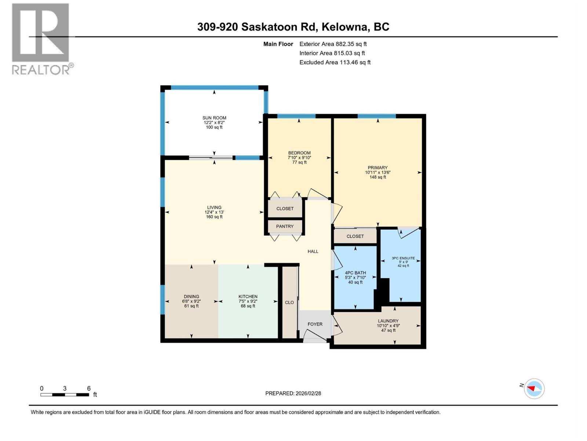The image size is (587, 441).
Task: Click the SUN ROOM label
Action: point(214,118)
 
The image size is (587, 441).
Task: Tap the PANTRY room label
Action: point(285,226)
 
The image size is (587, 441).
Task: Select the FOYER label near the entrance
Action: point(315,324)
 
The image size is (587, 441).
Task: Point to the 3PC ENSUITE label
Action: point(403,258)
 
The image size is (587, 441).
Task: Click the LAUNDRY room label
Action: point(388,321)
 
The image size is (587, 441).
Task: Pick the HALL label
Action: point(313,251)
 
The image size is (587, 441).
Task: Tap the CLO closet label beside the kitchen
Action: point(289,302)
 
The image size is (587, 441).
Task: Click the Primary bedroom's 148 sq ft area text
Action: point(378,177)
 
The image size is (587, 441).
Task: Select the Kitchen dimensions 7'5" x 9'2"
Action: point(248,301)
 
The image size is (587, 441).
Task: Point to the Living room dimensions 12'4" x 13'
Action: point(214,212)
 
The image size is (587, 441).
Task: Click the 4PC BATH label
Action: point(356,273)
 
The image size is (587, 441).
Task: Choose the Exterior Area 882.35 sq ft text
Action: point(333,44)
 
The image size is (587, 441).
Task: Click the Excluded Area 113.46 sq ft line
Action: point(335,62)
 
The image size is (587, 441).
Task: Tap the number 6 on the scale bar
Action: point(89,388)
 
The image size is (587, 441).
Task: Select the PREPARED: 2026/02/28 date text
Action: point(293,393)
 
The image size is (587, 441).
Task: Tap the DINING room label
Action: point(192,297)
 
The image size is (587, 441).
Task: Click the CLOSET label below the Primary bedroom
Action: point(355,236)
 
